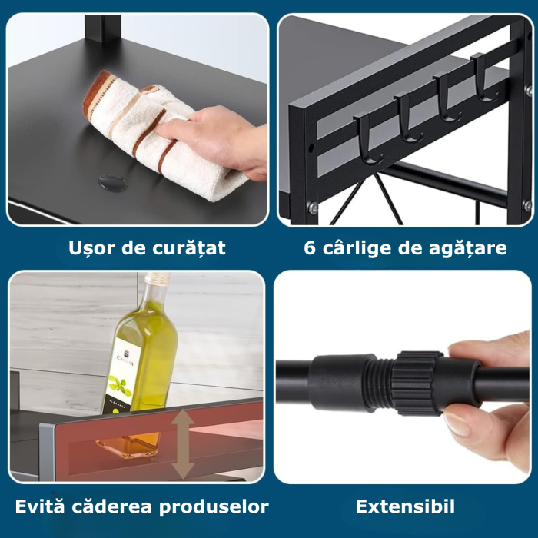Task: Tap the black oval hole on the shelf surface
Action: click(x=114, y=183)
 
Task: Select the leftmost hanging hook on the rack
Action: click(x=367, y=138)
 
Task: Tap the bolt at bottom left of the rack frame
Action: click(x=314, y=208)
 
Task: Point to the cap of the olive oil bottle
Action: click(x=158, y=279)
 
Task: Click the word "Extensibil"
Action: click(x=405, y=506)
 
